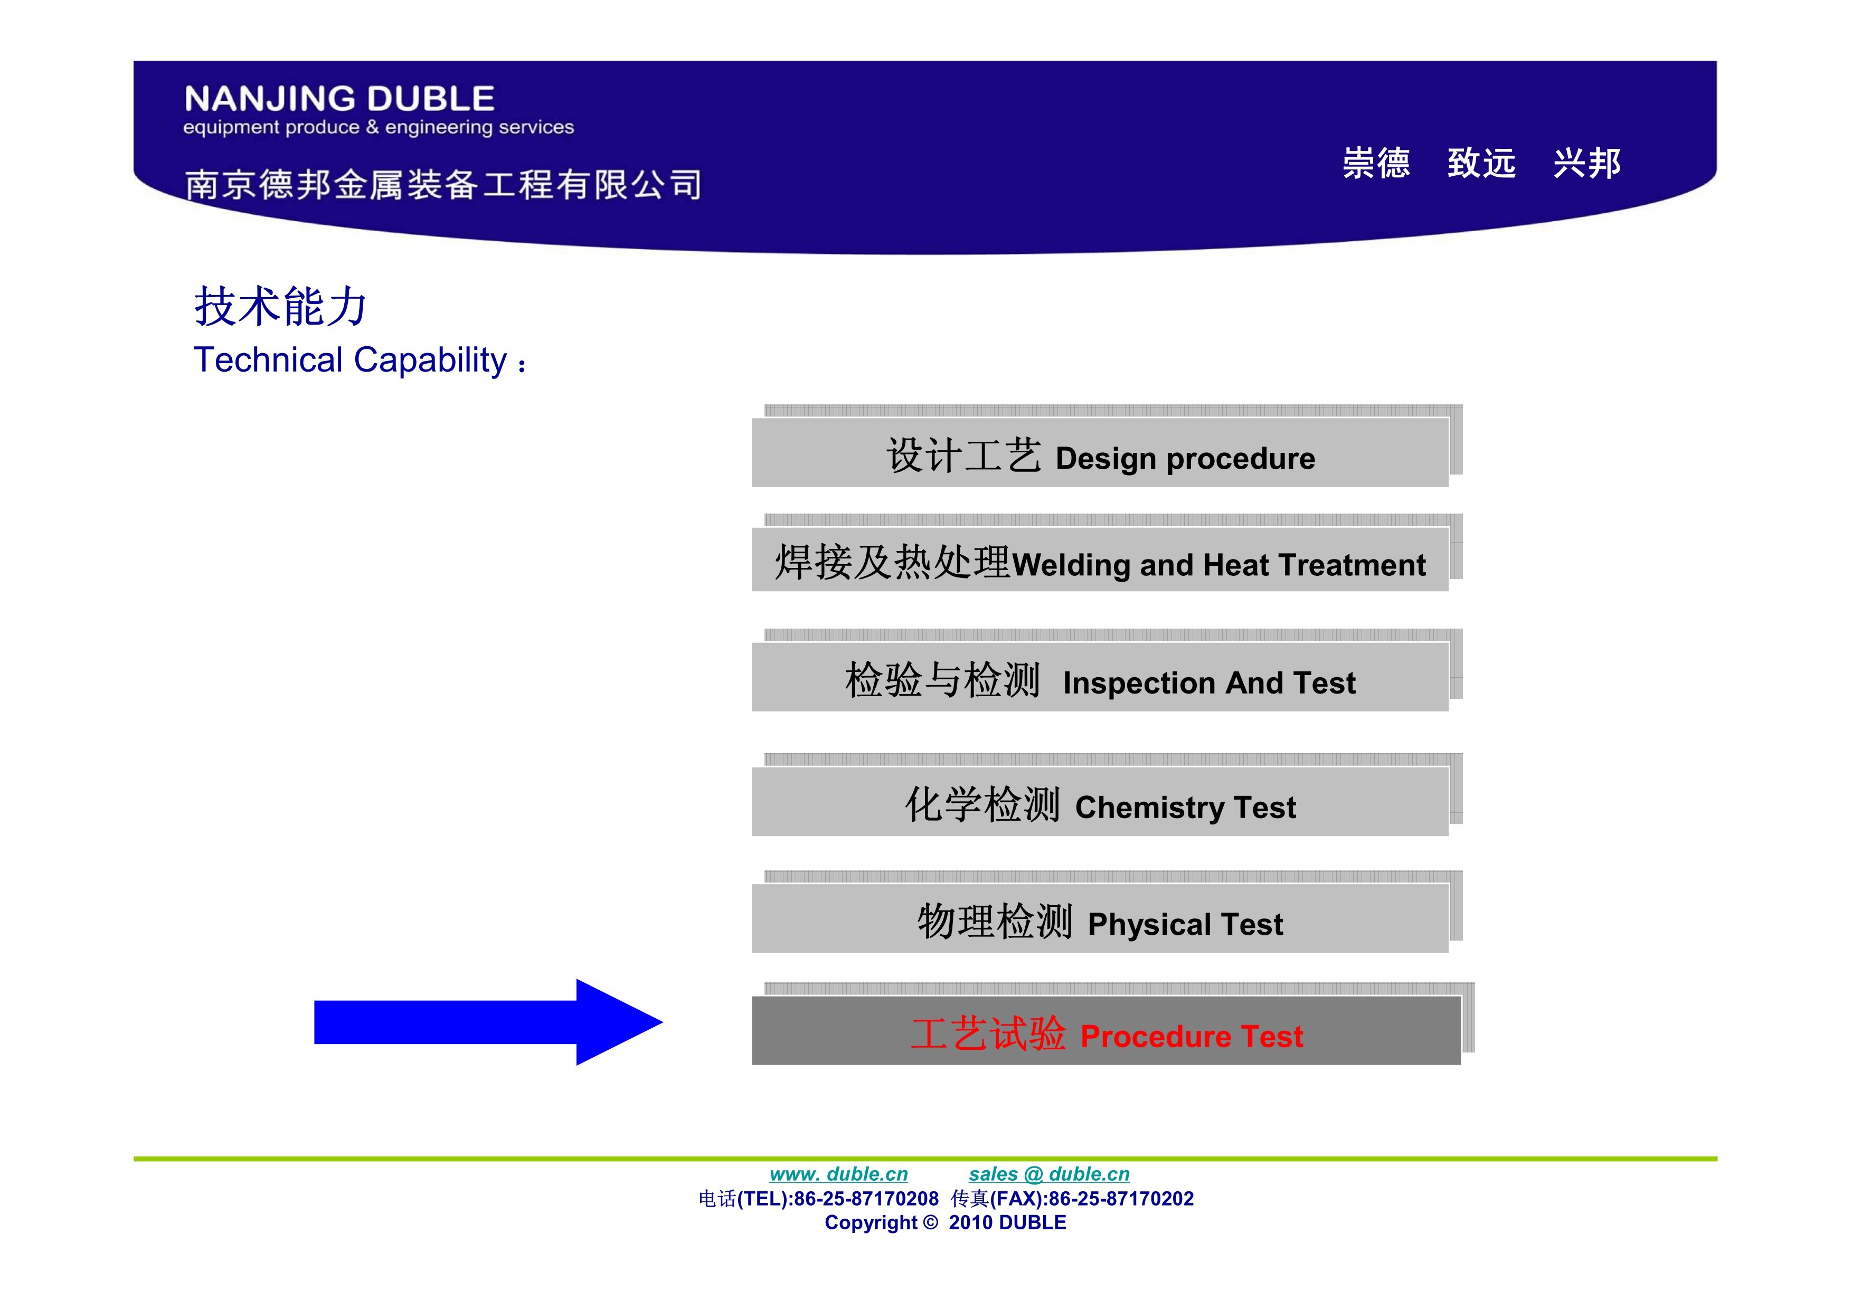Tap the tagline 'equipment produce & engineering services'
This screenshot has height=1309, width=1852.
tap(379, 127)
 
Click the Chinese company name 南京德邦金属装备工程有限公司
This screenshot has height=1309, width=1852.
tap(443, 184)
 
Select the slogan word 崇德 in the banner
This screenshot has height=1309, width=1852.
tap(1376, 163)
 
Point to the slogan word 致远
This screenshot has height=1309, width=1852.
tap(1481, 163)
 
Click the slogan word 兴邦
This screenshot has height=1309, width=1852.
tap(1586, 163)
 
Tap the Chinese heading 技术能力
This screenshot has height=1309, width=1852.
tap(280, 307)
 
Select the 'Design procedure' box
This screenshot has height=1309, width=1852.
tap(1100, 452)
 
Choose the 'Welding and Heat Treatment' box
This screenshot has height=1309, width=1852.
tap(1100, 559)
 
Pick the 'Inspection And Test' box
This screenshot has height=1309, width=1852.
tap(1100, 677)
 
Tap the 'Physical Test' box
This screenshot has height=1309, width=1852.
tap(1100, 918)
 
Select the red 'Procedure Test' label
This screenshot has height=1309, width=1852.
tap(1107, 1035)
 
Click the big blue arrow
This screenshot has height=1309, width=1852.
tap(488, 1022)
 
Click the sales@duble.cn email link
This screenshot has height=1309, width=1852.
tap(1048, 1174)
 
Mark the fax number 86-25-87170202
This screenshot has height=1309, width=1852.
tap(1121, 1199)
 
